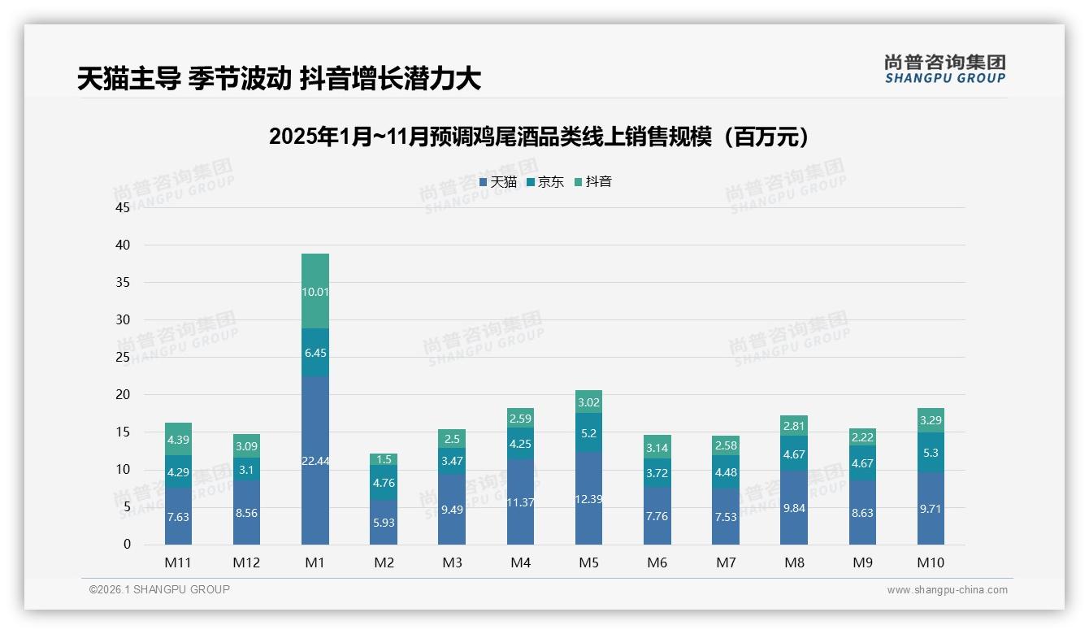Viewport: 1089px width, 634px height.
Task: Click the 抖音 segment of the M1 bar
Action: point(315,291)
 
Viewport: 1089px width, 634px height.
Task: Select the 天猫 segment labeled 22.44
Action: point(315,461)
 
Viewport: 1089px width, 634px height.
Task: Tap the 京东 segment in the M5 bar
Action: point(589,433)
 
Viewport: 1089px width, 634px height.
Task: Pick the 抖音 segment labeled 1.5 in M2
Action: point(384,459)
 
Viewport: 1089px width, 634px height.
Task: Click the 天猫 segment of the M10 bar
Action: point(931,508)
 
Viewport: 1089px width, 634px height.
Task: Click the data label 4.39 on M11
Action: point(178,440)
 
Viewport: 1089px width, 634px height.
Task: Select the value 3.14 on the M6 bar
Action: point(657,447)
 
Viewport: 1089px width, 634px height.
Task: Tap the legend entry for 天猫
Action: point(498,182)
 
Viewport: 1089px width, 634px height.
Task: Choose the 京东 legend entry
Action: point(545,182)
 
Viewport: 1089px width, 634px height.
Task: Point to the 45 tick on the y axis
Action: point(123,207)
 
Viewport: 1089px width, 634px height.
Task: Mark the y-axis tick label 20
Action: point(123,394)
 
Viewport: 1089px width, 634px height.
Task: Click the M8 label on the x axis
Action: point(794,562)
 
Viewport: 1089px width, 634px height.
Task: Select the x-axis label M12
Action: point(246,562)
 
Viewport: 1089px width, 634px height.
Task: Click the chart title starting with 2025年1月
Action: point(540,137)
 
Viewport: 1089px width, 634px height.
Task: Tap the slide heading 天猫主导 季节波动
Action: point(279,78)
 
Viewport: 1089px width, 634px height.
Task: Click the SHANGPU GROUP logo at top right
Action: point(944,69)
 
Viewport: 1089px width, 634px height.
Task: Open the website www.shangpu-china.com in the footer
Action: point(947,590)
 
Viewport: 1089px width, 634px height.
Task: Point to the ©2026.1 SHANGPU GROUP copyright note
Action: point(159,589)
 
